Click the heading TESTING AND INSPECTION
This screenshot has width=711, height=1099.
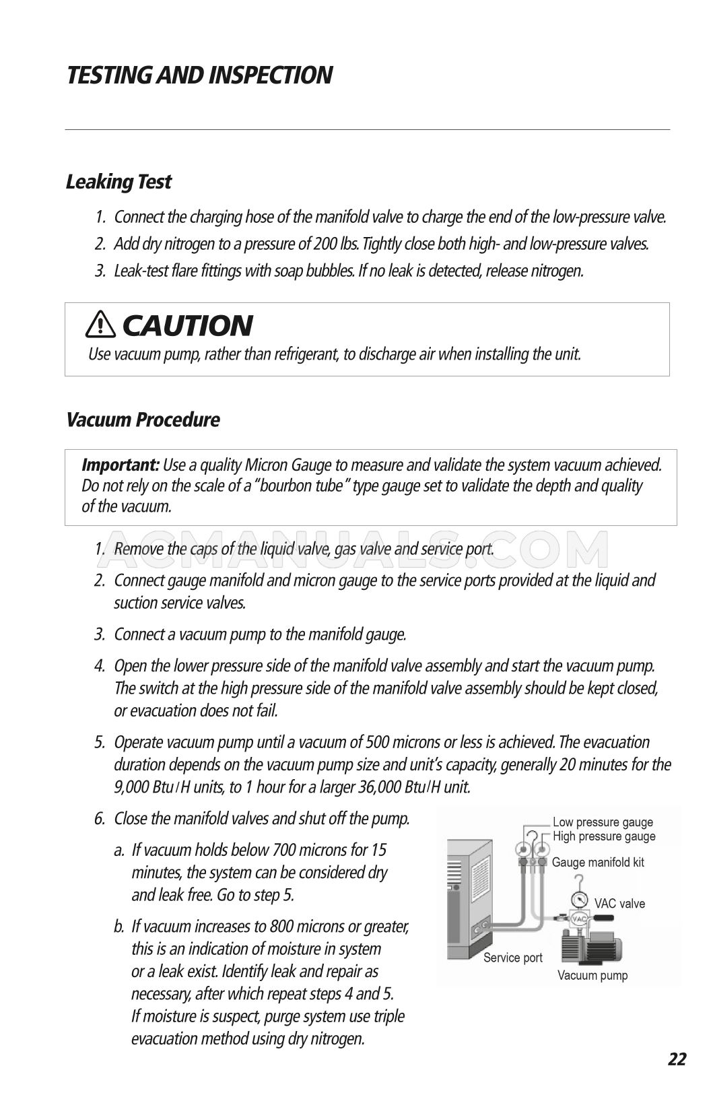pos(199,75)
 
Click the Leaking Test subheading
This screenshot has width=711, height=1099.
pos(118,182)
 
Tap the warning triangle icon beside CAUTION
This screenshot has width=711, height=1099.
pos(101,325)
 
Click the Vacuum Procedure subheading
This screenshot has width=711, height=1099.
pos(143,420)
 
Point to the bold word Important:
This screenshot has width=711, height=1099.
pos(121,465)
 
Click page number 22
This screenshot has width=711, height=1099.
pos(677,1059)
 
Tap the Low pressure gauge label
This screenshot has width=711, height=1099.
pos(603,822)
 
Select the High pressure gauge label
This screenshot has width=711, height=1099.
pos(603,836)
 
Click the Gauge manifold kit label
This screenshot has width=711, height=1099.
pos(598,862)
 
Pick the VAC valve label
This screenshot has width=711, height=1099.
pos(619,904)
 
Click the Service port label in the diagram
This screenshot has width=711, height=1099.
pos(513,958)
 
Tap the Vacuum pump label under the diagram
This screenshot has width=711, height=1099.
pos(592,975)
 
